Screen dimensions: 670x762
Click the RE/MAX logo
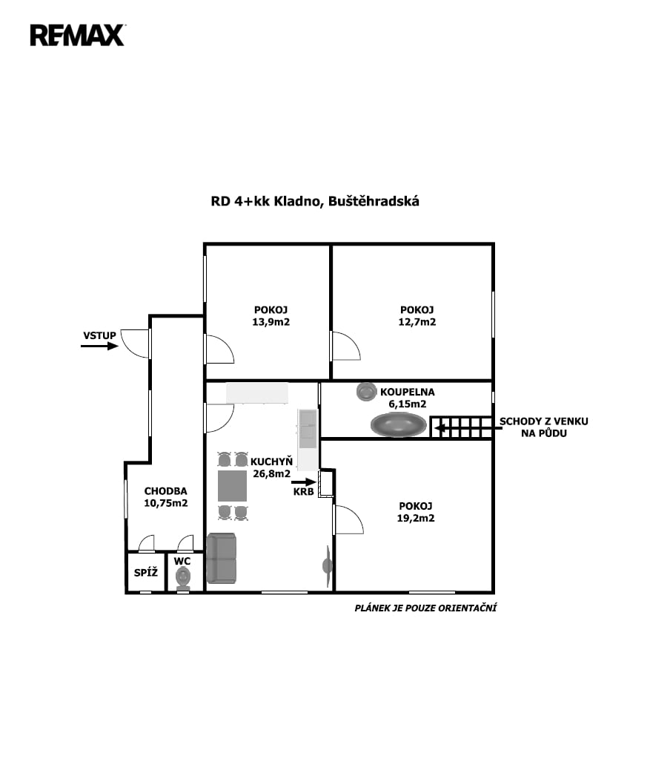click(x=77, y=35)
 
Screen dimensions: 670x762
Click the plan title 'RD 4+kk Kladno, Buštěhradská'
click(x=315, y=201)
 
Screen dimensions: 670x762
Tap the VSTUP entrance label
click(x=99, y=335)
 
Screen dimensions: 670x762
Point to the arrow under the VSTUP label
click(x=99, y=346)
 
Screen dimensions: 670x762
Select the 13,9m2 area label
click(x=271, y=322)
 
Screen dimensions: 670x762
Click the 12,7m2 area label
click(x=417, y=322)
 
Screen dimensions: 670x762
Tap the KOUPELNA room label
click(x=408, y=392)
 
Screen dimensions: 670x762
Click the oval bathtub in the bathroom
click(x=399, y=424)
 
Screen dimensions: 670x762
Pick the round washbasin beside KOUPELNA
click(x=367, y=392)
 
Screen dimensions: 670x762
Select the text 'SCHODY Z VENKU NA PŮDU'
click(x=544, y=427)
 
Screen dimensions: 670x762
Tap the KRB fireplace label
click(x=303, y=491)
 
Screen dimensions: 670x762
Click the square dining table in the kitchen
click(x=232, y=485)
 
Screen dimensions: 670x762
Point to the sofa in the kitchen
click(x=222, y=558)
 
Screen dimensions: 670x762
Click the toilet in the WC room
click(x=183, y=579)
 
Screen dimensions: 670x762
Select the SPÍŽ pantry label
click(x=146, y=573)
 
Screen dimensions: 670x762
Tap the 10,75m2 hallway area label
click(x=165, y=503)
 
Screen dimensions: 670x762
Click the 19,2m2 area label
click(x=416, y=518)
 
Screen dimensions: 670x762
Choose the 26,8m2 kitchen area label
click(x=272, y=473)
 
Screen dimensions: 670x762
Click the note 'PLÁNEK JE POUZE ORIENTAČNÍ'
click(x=425, y=608)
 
